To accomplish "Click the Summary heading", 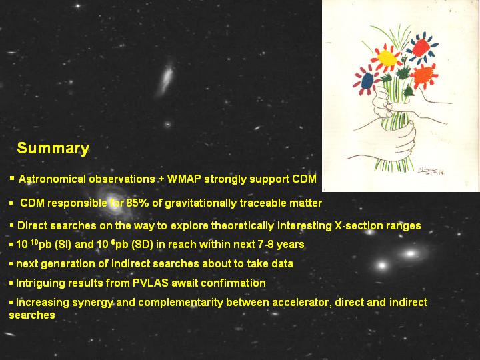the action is pos(53,148).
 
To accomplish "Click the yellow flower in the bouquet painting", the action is pos(387,58).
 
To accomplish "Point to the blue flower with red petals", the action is pos(367,81).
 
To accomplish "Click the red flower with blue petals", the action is pos(421,48).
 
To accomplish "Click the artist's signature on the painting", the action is pos(431,171).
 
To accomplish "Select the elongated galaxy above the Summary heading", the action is pos(165,79).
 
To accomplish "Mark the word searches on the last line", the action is pos(32,315).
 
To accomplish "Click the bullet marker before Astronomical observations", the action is pos(12,178).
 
